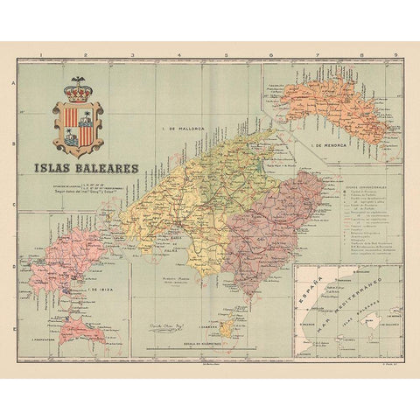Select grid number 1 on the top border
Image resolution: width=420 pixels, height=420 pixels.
(x=41, y=55)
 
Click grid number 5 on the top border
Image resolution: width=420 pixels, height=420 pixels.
(x=224, y=55)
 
